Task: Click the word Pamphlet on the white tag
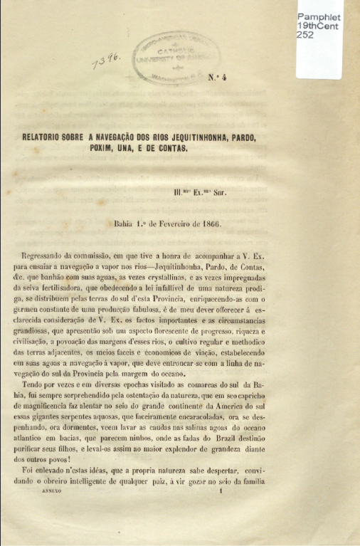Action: tap(320, 15)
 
